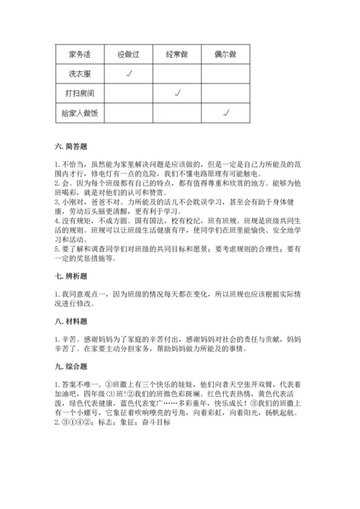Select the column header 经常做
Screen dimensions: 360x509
[176, 54]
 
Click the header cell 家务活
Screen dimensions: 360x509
[80, 54]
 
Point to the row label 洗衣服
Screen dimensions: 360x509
[80, 73]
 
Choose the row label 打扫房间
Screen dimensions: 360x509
[80, 93]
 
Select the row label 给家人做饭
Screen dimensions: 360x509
[80, 112]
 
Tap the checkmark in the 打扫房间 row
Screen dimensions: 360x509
[176, 92]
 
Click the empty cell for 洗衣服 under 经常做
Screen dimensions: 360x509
[176, 73]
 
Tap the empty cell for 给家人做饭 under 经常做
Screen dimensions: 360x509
[176, 112]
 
